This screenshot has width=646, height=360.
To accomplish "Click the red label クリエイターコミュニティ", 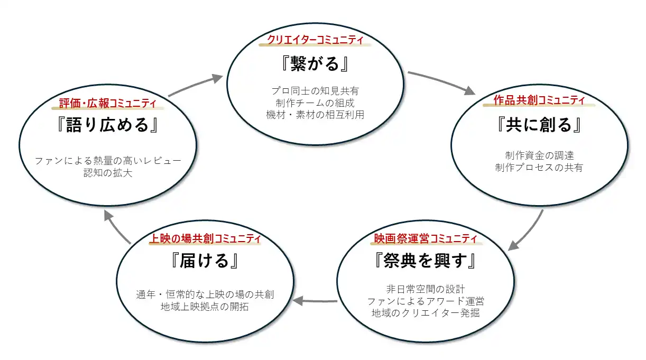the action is pos(315,40).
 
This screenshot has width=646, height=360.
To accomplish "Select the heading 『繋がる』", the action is pos(315,64).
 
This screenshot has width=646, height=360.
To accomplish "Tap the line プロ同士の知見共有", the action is pos(315,91).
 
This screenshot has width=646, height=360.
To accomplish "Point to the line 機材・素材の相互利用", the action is pos(315,115).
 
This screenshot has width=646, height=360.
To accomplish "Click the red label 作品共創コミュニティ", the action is pos(539,100).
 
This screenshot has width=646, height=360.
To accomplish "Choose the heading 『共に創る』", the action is pos(539,125).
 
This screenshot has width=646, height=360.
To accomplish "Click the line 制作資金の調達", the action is pos(539,155).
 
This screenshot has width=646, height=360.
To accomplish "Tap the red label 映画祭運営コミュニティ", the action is pos(426,238).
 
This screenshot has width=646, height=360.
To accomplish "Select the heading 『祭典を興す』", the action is pos(426,261).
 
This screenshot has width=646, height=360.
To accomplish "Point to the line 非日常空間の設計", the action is pos(426,289).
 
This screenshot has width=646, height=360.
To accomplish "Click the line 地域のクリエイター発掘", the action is pos(426,313).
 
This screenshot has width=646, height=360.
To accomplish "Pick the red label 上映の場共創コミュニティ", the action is pos(206,238).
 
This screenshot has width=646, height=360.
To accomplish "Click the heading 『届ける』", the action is pos(205,261).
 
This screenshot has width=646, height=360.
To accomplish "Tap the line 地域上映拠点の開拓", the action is pos(205,307).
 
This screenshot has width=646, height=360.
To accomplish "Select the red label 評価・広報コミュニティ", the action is pos(108,103).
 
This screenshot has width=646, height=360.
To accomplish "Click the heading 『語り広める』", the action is pos(108,125).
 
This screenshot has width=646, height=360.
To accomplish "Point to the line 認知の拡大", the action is pos(108,173).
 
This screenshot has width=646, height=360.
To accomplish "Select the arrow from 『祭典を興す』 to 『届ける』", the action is pos(315,301).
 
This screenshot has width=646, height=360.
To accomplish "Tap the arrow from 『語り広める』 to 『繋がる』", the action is pos(196,85).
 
